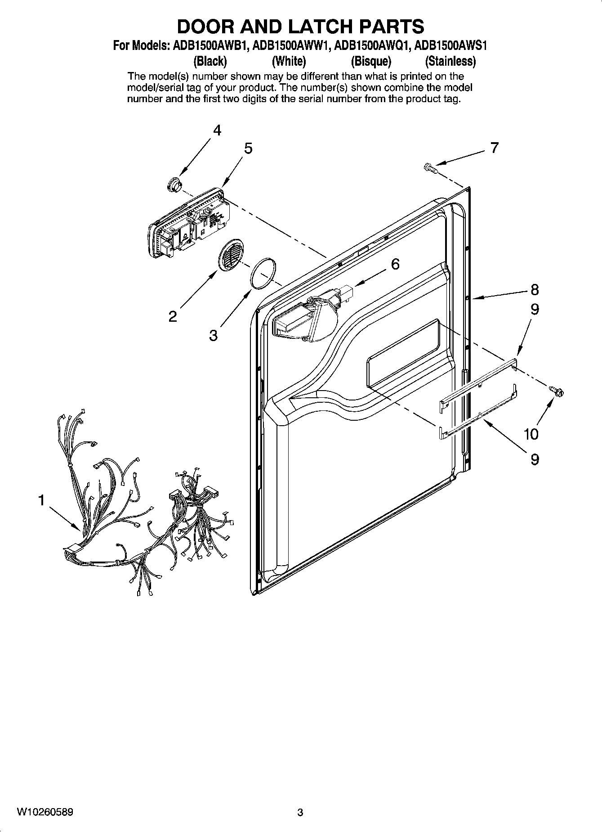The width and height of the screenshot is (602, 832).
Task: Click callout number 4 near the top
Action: tap(217, 130)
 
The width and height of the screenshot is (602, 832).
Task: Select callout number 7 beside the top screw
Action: tap(494, 148)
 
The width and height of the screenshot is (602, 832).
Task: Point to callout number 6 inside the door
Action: tap(395, 264)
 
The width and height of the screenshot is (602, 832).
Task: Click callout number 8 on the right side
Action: tap(534, 289)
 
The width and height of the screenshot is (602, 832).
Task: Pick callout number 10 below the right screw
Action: tap(531, 434)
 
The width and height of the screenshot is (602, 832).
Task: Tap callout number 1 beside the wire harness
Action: tap(41, 500)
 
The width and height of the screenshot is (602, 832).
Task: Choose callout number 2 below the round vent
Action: tap(173, 316)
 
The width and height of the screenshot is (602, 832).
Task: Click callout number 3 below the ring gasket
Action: tap(213, 335)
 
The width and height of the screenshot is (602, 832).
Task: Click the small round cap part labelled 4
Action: tap(173, 184)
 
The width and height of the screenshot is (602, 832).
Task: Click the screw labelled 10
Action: tap(557, 392)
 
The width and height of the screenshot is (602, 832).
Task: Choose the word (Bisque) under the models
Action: tap(371, 61)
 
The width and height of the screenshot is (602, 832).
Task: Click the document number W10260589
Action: tap(45, 812)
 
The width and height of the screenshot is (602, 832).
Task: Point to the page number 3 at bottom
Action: tap(300, 813)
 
